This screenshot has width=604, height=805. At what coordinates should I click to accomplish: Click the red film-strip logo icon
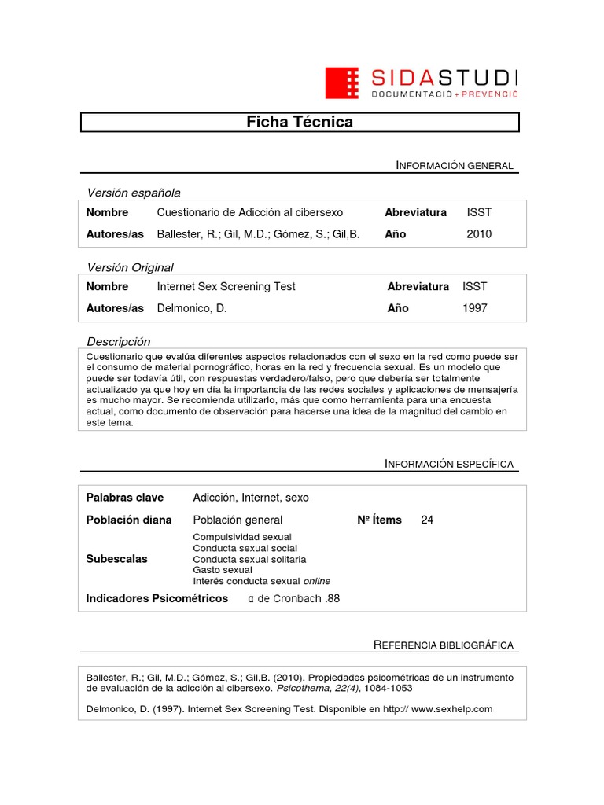(x=342, y=83)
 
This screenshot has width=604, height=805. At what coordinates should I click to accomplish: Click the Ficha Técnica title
(x=300, y=122)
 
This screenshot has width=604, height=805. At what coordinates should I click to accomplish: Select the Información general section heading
(x=455, y=165)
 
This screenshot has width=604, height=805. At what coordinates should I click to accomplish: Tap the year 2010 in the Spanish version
(x=479, y=234)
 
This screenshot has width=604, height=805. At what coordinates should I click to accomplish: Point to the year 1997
(x=475, y=308)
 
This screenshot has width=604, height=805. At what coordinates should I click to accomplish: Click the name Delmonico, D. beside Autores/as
(x=192, y=308)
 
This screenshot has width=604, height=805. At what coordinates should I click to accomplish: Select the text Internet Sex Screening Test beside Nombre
(x=226, y=286)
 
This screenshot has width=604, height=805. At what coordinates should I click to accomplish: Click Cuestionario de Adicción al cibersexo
(x=250, y=212)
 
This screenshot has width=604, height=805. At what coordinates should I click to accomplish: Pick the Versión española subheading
(x=134, y=193)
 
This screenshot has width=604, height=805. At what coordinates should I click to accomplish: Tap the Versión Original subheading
(x=130, y=267)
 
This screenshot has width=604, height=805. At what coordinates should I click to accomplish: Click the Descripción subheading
(x=118, y=341)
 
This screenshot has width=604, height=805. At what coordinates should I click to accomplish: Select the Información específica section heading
(x=448, y=464)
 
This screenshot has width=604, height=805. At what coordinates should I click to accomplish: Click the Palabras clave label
(x=125, y=498)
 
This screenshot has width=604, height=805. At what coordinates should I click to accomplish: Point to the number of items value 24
(x=427, y=520)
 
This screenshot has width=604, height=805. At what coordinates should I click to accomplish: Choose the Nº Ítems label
(x=379, y=520)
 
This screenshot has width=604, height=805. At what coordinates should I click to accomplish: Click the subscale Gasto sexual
(x=223, y=570)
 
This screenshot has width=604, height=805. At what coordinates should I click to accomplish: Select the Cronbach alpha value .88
(x=333, y=598)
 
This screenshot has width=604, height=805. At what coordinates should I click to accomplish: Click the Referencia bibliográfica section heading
(x=443, y=645)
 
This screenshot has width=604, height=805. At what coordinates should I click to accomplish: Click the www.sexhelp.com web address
(x=451, y=708)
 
